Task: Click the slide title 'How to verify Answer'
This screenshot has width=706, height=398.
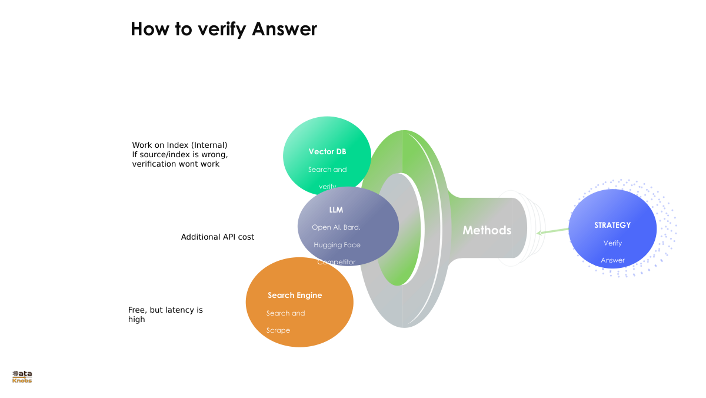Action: point(224,29)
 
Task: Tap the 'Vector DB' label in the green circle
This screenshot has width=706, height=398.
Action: point(327,152)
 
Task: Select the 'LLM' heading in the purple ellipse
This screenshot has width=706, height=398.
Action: point(336,210)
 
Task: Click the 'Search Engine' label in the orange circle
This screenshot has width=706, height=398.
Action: point(295,296)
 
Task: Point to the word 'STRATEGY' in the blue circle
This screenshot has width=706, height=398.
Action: point(612,225)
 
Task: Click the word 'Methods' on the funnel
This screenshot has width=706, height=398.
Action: point(487,230)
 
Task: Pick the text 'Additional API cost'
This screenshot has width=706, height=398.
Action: point(218,237)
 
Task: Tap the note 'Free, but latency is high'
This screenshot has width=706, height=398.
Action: point(165,314)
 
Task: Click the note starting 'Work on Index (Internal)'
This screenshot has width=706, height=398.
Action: point(179,154)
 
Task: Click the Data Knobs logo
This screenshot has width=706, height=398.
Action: point(22,377)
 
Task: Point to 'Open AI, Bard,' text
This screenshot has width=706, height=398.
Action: point(336,227)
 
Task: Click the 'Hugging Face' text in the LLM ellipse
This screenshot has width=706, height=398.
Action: point(337,245)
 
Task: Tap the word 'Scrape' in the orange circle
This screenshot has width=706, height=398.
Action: point(278,330)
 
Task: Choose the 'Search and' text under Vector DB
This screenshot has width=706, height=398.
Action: point(327,170)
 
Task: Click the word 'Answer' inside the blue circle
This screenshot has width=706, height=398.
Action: point(612,260)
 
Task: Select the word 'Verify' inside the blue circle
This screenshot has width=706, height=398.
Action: point(612,243)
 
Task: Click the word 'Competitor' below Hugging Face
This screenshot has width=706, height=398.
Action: point(336,262)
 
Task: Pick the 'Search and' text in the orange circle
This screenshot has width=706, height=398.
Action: point(285,313)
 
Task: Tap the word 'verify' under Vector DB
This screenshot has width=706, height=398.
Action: point(327,187)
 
